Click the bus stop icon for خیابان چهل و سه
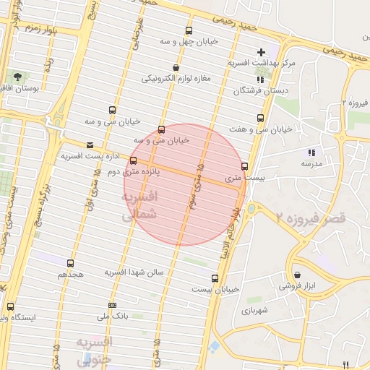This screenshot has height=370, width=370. tap(189, 31)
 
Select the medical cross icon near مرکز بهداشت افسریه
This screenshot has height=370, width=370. tap(261, 52)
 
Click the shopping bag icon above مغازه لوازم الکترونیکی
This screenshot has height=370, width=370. tap(176, 67)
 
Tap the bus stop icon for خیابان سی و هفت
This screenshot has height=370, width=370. tap(260, 118)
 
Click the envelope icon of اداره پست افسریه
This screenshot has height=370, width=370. tap(90, 145)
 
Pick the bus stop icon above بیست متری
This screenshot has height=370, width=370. tap(244, 166)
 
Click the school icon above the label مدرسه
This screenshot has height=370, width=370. tap(311, 152)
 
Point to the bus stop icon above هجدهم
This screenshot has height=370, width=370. tap(70, 263)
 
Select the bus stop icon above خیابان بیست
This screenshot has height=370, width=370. tap(215, 277)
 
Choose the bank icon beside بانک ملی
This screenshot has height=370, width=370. tap(111, 305)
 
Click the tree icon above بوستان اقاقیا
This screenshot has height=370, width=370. tap(16, 77)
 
